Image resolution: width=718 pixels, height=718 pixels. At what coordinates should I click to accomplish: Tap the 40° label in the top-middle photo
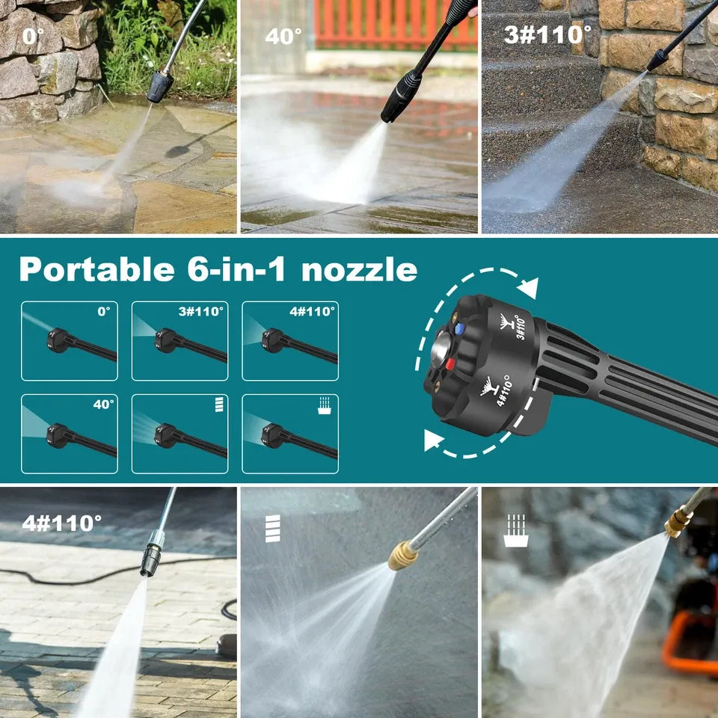click(x=283, y=36)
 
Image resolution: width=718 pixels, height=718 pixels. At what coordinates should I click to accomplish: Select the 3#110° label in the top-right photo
click(x=547, y=34)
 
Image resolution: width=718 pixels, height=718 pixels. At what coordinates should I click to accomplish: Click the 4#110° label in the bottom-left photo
click(x=61, y=522)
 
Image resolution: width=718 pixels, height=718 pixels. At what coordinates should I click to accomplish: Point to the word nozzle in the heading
click(x=359, y=269)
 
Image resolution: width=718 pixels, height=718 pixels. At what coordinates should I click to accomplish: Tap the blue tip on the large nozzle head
click(x=459, y=326)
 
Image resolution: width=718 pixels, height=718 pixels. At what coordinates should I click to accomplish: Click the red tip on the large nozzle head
click(x=452, y=366)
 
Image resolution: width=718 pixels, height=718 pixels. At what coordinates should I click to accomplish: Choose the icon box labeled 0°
click(x=69, y=341)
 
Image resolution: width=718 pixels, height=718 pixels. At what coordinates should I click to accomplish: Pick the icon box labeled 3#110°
click(x=179, y=341)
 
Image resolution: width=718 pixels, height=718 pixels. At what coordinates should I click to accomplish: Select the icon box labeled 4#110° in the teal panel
click(x=289, y=341)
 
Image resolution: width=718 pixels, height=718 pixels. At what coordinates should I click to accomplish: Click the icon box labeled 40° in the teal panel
click(x=69, y=434)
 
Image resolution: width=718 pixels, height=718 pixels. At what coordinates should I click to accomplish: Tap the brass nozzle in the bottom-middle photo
click(x=402, y=556)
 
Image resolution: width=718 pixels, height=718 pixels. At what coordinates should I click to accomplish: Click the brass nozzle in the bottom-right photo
click(x=678, y=523)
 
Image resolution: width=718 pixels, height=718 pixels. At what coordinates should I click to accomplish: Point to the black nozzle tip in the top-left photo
click(x=159, y=87)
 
